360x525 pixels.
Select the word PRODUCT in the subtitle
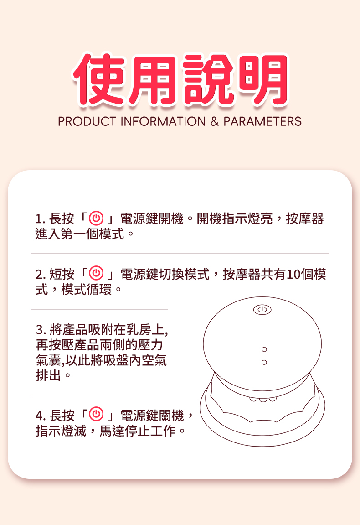tap(87, 121)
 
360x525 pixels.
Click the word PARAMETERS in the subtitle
tap(262, 121)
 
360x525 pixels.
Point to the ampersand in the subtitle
tap(215, 121)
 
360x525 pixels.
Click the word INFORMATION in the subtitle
tap(163, 121)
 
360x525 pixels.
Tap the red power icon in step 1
tap(96, 218)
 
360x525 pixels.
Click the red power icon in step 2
tap(96, 274)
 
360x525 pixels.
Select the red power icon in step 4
tap(96, 414)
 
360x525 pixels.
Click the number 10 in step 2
tap(293, 274)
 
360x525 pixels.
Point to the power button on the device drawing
tap(262, 310)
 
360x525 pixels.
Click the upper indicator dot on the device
tap(264, 349)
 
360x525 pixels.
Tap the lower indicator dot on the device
tap(264, 362)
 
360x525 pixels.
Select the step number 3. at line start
tap(41, 330)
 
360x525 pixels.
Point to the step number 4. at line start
tap(41, 416)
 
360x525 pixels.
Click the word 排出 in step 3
tap(48, 375)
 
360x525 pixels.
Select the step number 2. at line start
tap(41, 275)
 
